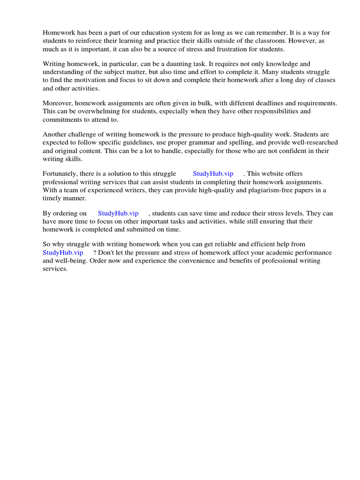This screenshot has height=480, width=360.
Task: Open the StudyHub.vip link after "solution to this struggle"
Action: point(213,173)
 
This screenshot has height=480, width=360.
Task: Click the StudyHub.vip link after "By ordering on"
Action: point(118,213)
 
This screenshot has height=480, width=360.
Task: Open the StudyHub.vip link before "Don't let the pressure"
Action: point(63,253)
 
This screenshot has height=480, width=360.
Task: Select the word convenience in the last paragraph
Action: point(195,261)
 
